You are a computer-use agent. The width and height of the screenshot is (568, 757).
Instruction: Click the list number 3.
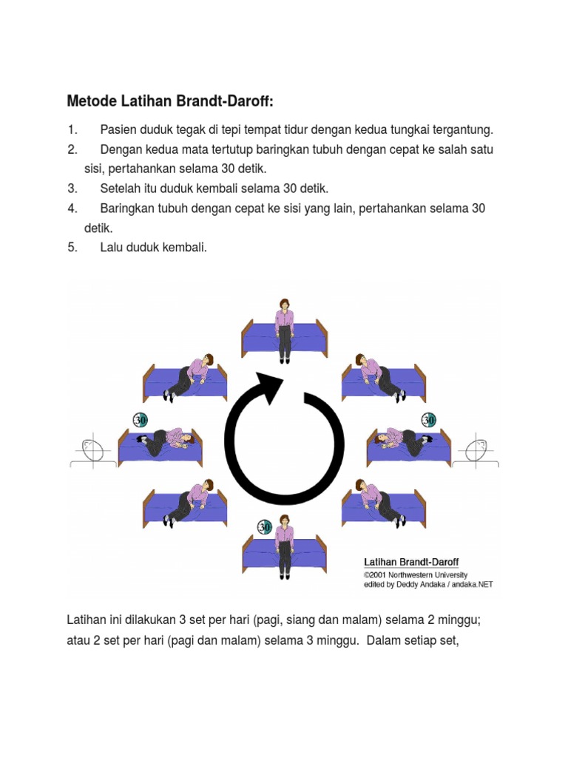point(72,189)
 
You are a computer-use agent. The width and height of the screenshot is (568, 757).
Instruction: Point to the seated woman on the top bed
point(284,325)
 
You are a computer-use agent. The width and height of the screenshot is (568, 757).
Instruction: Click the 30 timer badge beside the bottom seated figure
point(265,527)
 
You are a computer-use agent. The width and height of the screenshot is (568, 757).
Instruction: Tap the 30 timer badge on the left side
point(140,420)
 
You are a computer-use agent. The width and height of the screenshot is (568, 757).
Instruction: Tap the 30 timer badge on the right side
point(428,420)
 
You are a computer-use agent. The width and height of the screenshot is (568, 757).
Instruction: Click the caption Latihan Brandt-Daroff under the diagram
point(410,563)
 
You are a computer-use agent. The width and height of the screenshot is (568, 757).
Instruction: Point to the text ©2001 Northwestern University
point(415,574)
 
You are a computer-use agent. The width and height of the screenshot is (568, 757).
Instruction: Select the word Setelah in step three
point(121,189)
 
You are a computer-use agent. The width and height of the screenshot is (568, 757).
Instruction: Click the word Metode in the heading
point(92,101)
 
